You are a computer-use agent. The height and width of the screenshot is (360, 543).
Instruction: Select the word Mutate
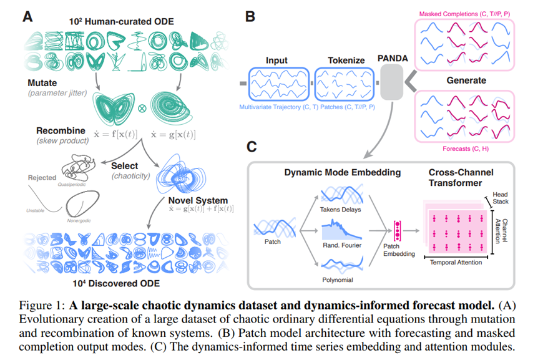click(x=43, y=82)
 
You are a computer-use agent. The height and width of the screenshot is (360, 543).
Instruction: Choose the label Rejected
click(x=42, y=178)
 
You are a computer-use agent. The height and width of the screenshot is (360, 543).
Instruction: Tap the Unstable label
click(x=36, y=211)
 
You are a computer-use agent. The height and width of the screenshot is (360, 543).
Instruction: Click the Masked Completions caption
click(x=464, y=13)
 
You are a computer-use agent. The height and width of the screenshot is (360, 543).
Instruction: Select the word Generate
click(x=466, y=81)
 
